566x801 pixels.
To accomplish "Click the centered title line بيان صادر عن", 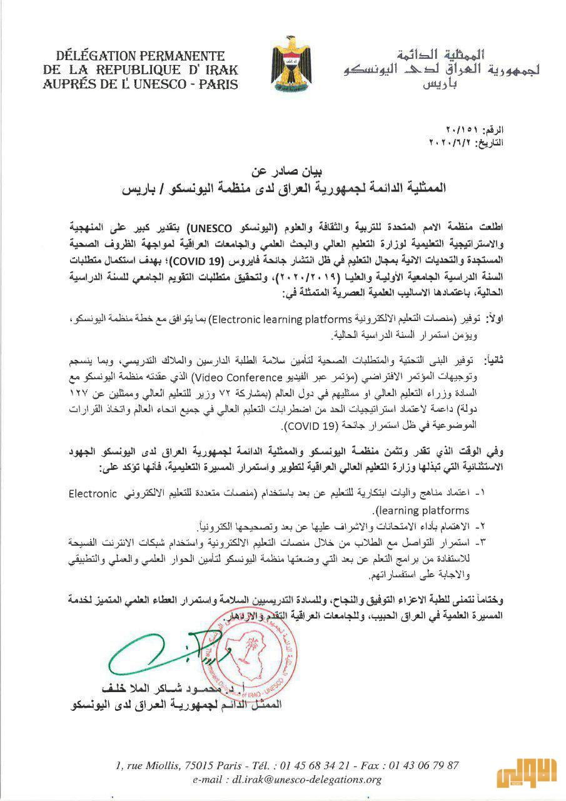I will pos(285,170).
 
